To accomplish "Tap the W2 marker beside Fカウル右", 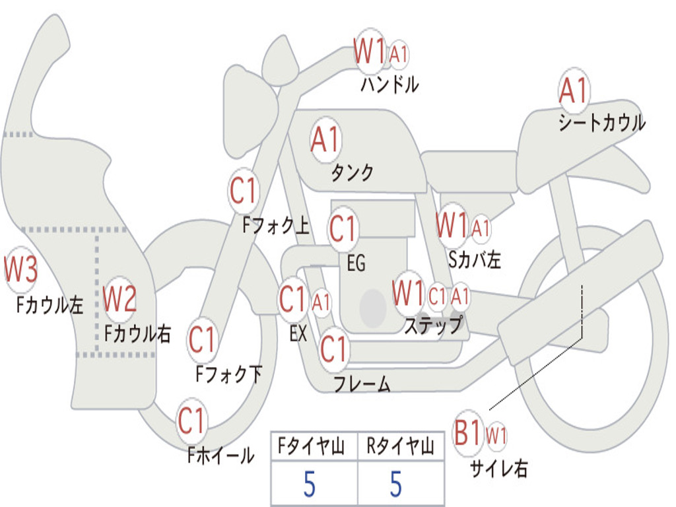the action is [120, 299].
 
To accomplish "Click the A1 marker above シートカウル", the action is [573, 91].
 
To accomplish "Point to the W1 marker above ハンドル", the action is [370, 51].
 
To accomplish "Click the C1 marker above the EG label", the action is [343, 228].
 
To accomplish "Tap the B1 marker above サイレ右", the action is [468, 434].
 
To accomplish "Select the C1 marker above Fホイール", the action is [192, 421].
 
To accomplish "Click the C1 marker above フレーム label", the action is [334, 349].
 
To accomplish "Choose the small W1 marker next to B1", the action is [496, 436].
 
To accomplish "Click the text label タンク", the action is [352, 173].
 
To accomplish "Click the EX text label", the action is [298, 333].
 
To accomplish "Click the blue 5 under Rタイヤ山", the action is [395, 485].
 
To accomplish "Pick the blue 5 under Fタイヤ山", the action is [310, 485].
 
